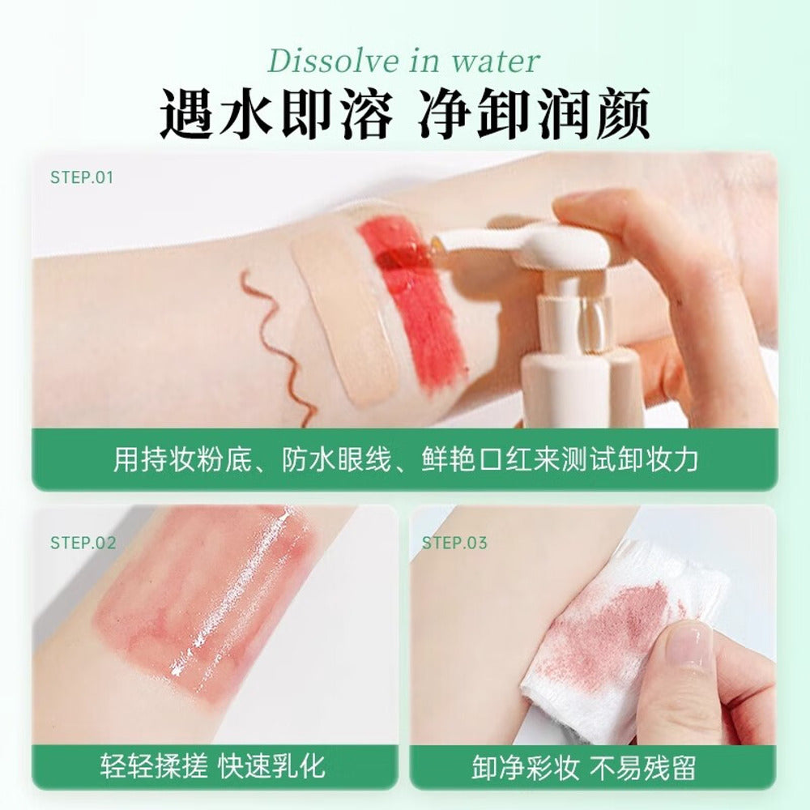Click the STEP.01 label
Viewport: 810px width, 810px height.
[81, 177]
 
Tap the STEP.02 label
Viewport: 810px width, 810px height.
[83, 543]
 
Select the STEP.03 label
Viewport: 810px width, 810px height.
[454, 543]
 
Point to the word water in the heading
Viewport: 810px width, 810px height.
[496, 62]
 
